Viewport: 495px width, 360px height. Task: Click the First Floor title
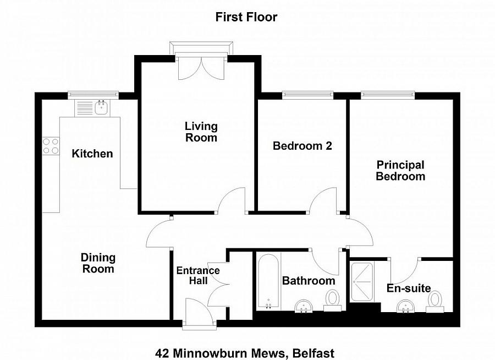point(246,17)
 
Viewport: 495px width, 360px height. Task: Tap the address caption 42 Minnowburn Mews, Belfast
point(245,353)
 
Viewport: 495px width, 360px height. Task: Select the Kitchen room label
point(92,154)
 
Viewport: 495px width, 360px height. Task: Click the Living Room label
point(201,132)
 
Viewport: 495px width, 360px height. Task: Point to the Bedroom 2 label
point(302,146)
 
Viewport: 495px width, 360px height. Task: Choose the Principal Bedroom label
point(400,171)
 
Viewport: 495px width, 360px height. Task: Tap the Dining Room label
point(98,263)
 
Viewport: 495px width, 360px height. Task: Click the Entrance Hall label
point(198,275)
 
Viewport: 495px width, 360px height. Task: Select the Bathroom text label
point(309,281)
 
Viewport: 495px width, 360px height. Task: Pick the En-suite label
point(409,288)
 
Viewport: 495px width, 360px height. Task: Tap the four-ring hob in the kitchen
point(51,146)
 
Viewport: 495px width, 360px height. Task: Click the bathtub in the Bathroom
point(268,281)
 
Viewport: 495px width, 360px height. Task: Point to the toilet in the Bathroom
point(332,301)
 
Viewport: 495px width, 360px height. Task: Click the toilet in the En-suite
point(435,302)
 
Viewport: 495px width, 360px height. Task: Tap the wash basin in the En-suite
point(408,306)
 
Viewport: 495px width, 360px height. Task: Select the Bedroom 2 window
point(307,95)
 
